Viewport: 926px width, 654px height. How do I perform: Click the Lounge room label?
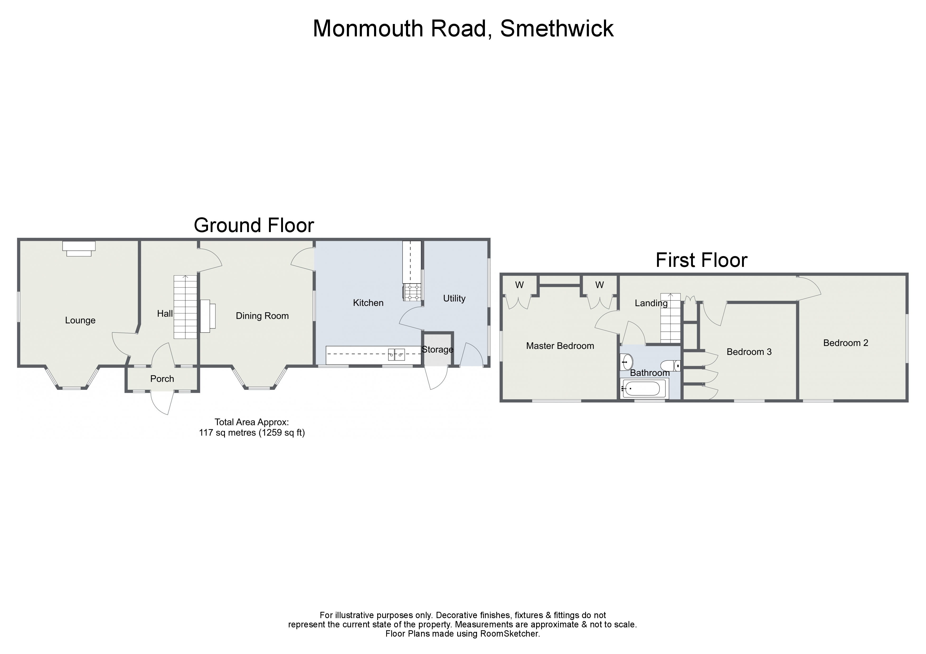pos(80,320)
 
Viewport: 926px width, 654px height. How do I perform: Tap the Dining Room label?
pos(262,316)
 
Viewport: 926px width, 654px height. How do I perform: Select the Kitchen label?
pos(368,303)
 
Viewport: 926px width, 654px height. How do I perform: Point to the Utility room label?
pos(454,298)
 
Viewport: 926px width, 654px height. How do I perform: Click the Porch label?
pos(162,379)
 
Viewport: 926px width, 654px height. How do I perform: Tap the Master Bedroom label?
pos(560,346)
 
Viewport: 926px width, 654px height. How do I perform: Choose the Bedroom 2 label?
pos(845,343)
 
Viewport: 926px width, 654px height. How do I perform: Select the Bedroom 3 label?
pos(749,352)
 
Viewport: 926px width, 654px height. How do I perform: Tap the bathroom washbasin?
pos(627,362)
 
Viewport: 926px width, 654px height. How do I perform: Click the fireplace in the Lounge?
pos(79,248)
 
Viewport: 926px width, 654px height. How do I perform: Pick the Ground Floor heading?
pos(254,225)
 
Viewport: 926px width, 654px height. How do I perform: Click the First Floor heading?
pos(701,260)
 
